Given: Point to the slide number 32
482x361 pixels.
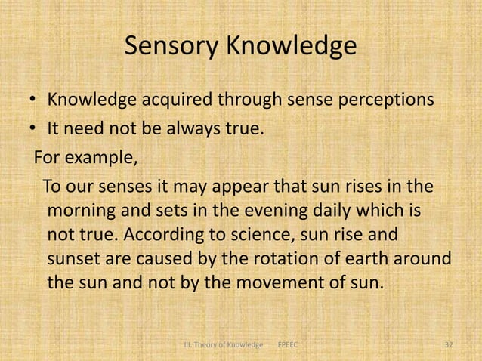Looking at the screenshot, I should click(x=448, y=345).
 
